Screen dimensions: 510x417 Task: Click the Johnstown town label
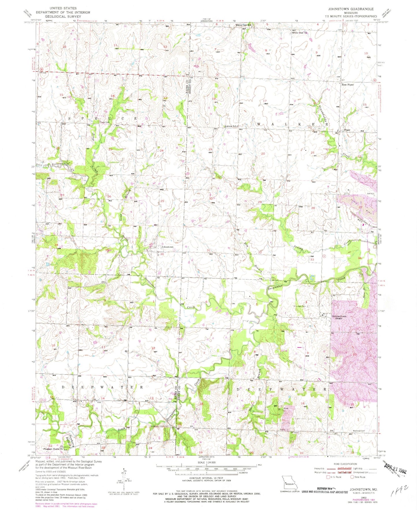click(167, 247)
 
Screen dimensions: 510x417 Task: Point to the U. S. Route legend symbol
click(328, 477)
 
